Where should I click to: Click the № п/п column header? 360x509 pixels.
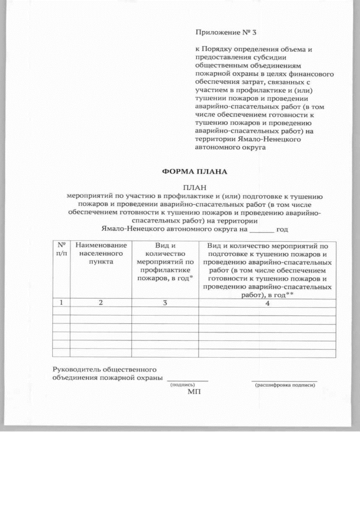coord(61,250)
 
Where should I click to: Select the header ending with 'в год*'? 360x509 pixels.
coord(165,262)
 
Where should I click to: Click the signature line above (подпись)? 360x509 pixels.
coord(188,380)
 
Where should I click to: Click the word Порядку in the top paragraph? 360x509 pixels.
coord(217,49)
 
